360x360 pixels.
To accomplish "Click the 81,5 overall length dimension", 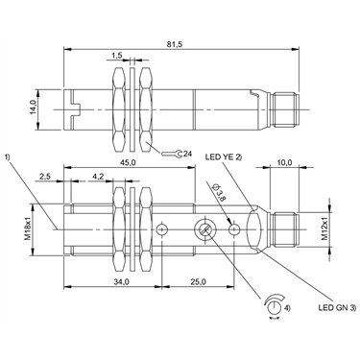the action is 175,45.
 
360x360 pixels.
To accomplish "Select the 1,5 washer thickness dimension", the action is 117,56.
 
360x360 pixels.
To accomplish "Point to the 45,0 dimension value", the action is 129,162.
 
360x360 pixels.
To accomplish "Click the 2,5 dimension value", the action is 45,177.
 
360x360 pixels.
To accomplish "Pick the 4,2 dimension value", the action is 98,177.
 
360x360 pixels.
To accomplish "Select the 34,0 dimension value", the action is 122,282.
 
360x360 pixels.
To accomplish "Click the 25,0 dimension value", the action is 198,282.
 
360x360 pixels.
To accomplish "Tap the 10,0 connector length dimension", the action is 285,162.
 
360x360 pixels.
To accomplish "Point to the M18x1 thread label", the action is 28,228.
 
